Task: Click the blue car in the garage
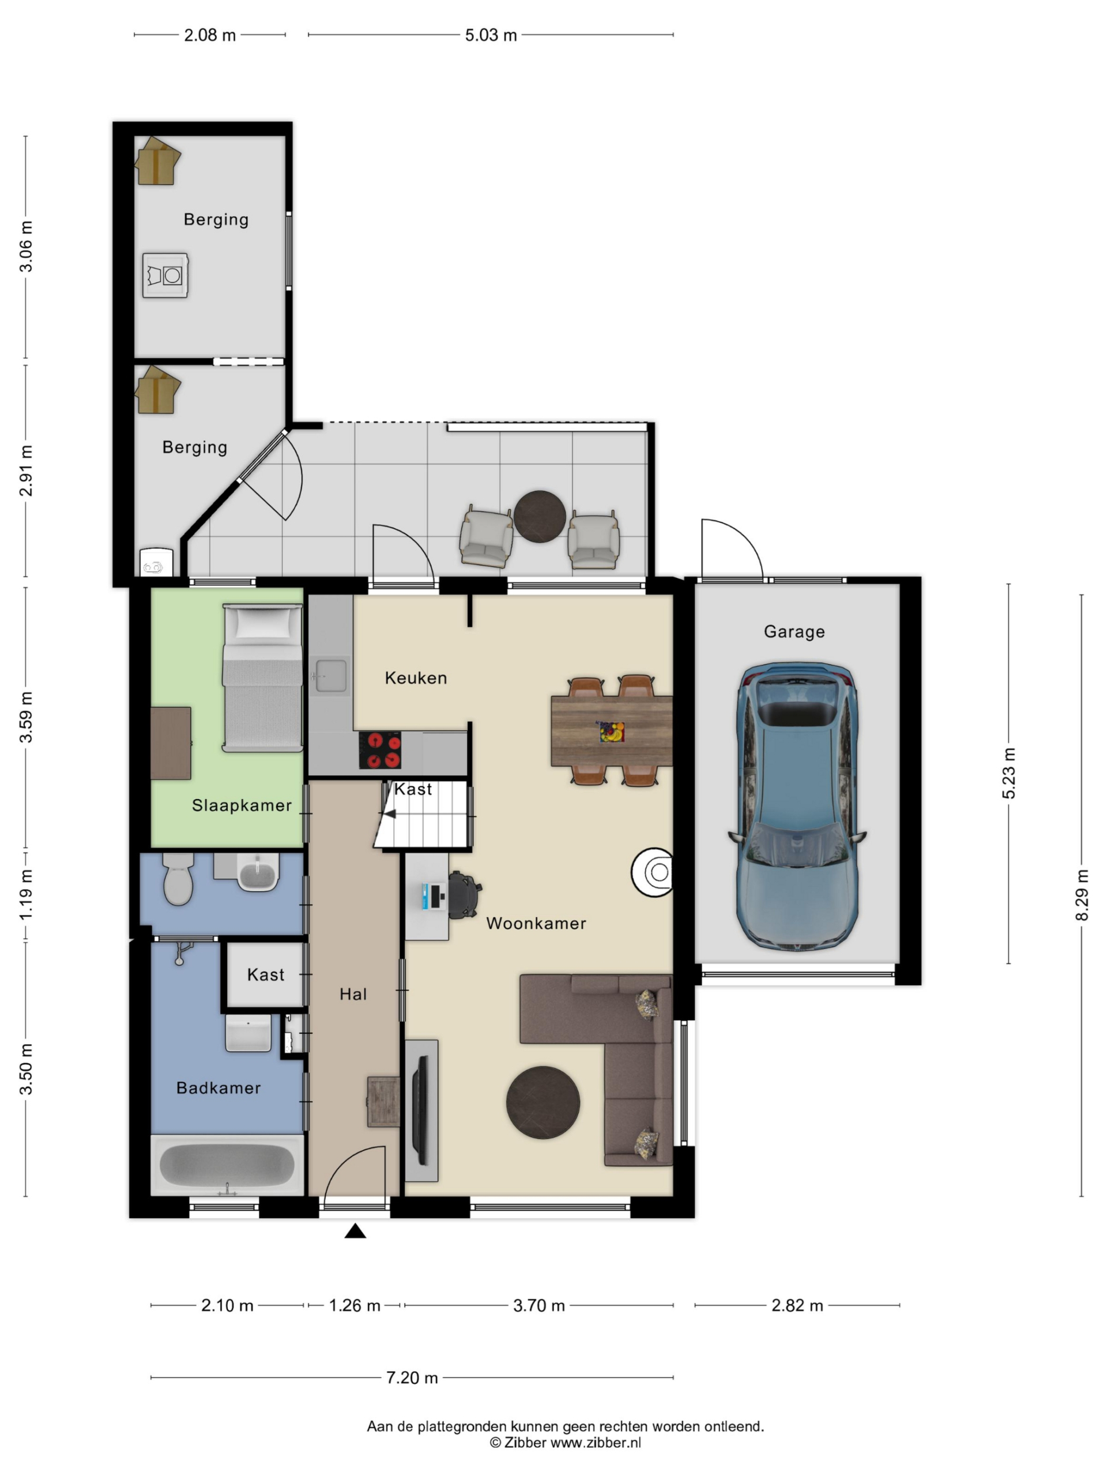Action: pos(796,805)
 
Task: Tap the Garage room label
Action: pos(794,631)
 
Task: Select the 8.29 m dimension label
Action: pos(1082,895)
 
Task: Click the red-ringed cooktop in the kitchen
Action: pos(381,750)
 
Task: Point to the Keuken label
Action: pos(416,678)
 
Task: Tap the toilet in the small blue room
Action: pos(178,878)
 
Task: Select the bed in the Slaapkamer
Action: pos(262,678)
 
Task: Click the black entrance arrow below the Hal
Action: pos(355,1231)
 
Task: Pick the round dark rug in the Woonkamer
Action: pos(543,1102)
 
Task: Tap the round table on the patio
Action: pos(539,517)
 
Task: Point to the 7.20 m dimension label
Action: pos(412,1377)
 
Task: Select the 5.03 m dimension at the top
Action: pos(491,35)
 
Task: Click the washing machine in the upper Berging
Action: pos(165,275)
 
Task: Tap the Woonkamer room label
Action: pos(536,924)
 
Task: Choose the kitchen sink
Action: pos(330,675)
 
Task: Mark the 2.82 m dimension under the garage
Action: pos(797,1305)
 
